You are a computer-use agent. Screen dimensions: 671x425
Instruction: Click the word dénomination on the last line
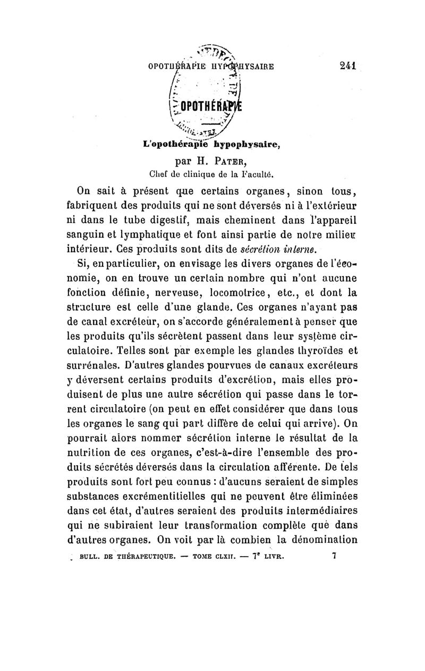(321, 543)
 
